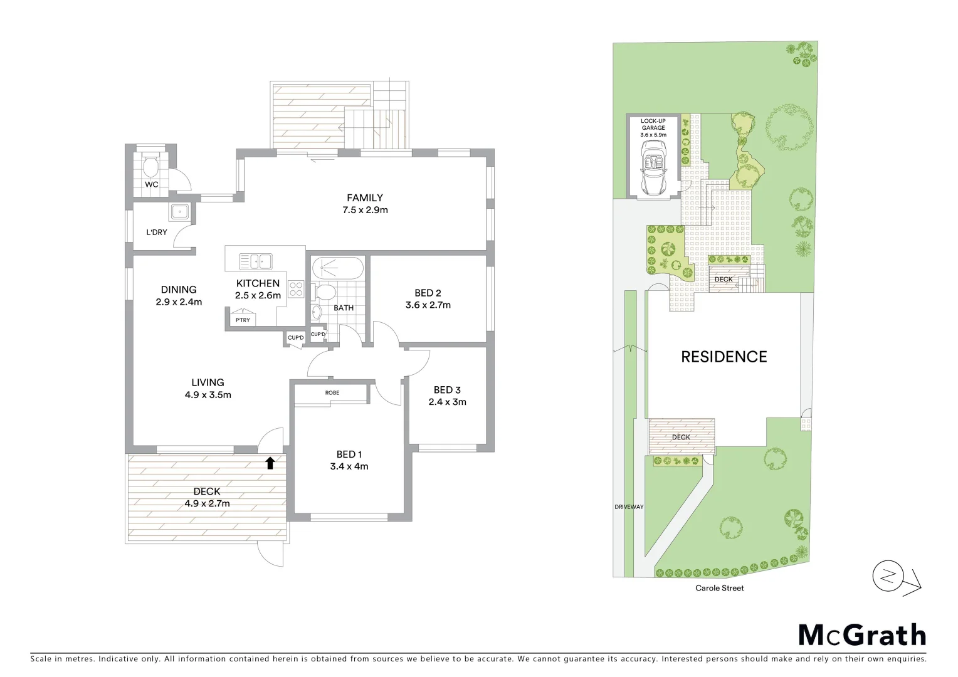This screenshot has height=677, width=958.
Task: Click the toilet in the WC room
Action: click(150, 167)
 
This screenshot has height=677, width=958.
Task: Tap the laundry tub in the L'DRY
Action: click(179, 211)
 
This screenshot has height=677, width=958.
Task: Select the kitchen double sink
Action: click(255, 260)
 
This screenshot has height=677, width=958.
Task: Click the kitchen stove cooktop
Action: click(295, 290)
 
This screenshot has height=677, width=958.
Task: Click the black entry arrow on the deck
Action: click(270, 463)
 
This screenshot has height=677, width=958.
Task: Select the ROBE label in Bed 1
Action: click(332, 392)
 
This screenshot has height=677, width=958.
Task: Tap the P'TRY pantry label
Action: click(242, 320)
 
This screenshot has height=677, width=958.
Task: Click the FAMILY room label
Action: click(364, 198)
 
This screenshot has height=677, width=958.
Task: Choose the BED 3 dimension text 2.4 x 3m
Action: click(447, 402)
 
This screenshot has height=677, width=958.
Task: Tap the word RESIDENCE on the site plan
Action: click(724, 357)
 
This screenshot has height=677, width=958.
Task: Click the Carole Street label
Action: click(719, 588)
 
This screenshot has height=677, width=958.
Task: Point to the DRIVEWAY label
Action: click(629, 506)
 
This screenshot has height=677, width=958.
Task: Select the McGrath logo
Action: click(861, 635)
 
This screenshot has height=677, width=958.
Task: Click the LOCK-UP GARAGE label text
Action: click(653, 124)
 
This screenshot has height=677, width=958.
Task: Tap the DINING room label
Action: click(179, 290)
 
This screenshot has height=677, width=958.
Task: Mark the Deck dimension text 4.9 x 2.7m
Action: click(206, 503)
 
